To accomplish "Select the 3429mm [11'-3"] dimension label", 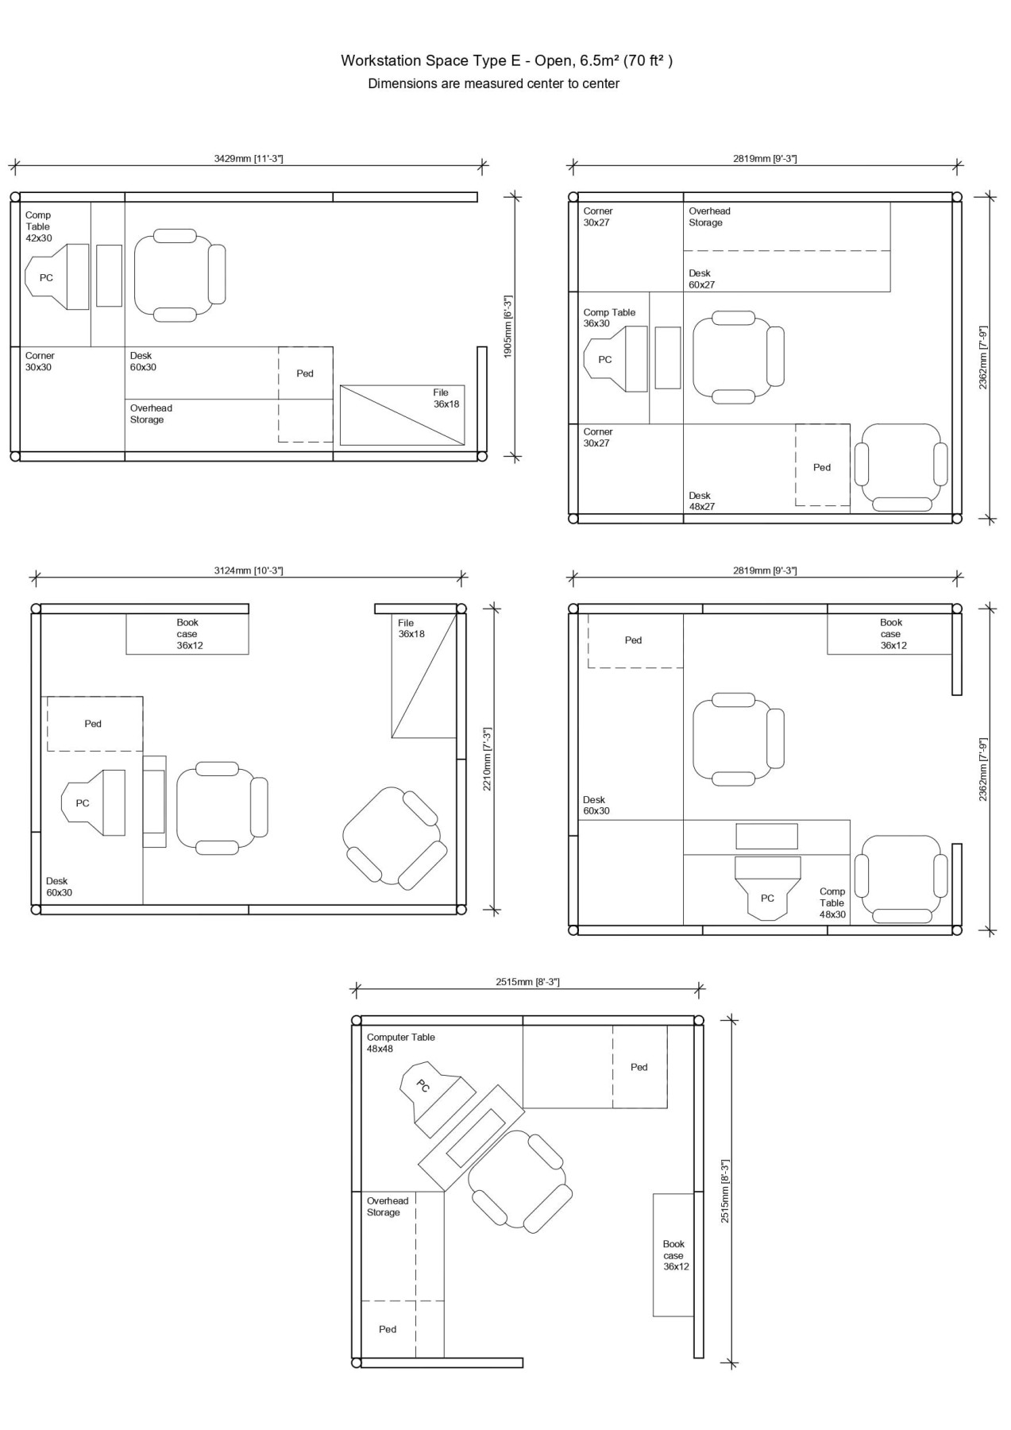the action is coord(249,158).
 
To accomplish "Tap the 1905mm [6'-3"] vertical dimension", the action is coord(508,327).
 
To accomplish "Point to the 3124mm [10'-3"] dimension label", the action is coord(249,570).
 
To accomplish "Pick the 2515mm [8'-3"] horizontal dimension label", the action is coord(527,982).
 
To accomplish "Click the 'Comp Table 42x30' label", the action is coord(38,226).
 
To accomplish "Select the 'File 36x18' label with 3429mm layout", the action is coord(446,398).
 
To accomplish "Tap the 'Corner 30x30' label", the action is coord(38,361).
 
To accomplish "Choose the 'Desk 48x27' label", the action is coord(702,501).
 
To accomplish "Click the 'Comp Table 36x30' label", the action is coord(609,318).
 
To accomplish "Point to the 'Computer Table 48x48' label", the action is coord(400,1043).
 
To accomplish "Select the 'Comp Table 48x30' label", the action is coord(832,903).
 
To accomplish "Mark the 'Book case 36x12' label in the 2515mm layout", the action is coord(676,1255).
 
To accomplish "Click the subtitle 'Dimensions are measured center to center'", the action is coord(493,83).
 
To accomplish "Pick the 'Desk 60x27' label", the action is coord(702,279).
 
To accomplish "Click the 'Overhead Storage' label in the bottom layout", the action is coord(388,1207).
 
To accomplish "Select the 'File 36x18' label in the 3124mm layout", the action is coord(411,628).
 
